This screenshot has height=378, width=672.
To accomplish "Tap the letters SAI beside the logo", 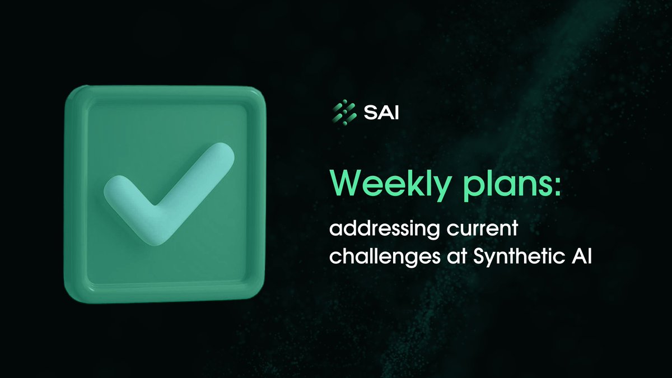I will pyautogui.click(x=379, y=113).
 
